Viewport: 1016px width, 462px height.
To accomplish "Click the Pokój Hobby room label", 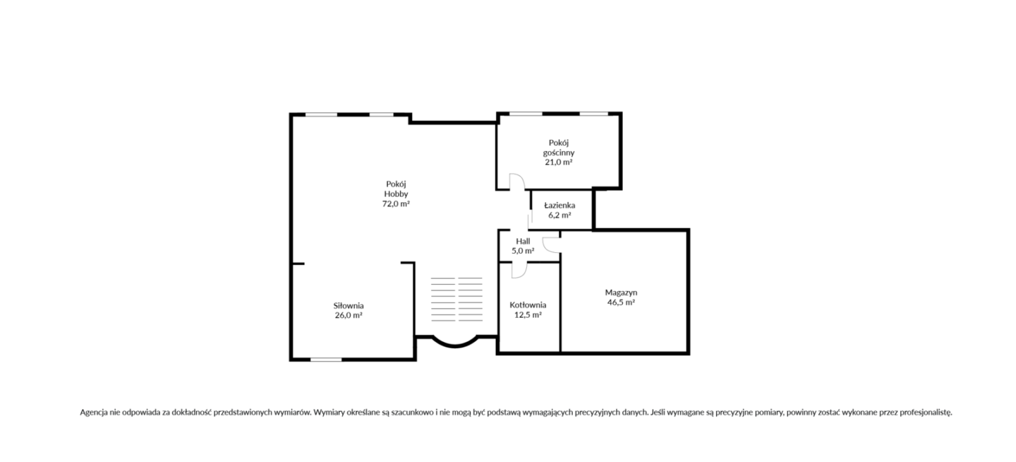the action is [x=396, y=189].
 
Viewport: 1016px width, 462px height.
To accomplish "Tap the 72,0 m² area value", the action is [x=396, y=204].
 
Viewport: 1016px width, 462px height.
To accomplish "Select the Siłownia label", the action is [x=349, y=306].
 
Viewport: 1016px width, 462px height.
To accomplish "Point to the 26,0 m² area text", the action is [x=349, y=315].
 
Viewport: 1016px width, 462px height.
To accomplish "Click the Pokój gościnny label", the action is [x=558, y=148].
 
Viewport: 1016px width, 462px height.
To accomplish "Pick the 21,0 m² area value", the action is [x=558, y=162].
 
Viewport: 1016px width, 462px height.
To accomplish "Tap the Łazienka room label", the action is [x=560, y=206].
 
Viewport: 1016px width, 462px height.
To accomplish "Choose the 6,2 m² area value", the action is [x=560, y=215].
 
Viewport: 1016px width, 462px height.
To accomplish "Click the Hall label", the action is [x=523, y=241].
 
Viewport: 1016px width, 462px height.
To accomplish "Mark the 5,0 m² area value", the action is [x=523, y=251].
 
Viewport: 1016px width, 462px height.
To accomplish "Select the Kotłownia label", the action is [x=528, y=304].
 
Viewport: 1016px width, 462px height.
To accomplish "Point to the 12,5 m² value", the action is [x=528, y=315].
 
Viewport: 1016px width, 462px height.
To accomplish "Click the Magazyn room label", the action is [x=621, y=292].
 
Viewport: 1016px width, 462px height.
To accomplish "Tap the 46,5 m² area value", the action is [x=621, y=302].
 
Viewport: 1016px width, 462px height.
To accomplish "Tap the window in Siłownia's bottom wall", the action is [x=326, y=360].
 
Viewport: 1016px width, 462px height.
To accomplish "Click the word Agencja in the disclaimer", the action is [x=94, y=413].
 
